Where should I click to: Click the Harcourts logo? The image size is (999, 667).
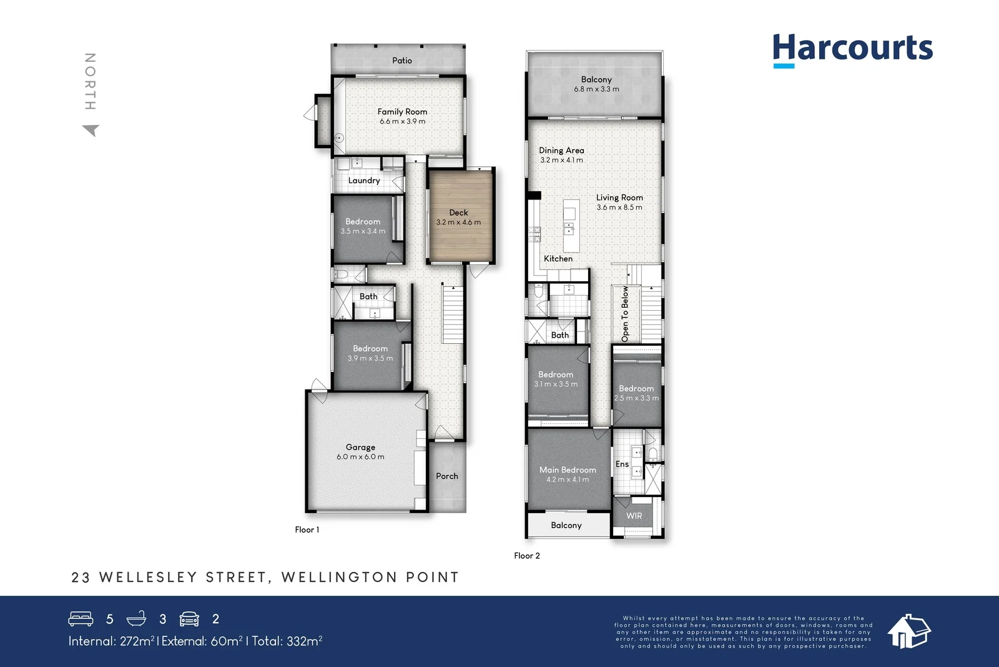(x=852, y=49)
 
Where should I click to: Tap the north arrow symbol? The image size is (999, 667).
(x=91, y=130)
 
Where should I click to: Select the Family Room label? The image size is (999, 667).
(x=402, y=111)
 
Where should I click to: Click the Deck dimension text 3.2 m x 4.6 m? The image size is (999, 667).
(x=458, y=223)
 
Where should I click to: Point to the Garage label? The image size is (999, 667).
(x=360, y=447)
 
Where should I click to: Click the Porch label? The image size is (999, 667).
(x=447, y=476)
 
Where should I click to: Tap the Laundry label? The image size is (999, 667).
(x=364, y=181)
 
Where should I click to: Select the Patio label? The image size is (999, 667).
(x=402, y=61)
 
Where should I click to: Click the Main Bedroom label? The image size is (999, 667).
(x=568, y=470)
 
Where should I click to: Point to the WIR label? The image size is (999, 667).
(x=634, y=516)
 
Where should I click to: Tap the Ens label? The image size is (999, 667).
(x=622, y=464)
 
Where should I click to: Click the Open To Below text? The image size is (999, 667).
(x=625, y=314)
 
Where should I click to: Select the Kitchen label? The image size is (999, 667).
(x=558, y=259)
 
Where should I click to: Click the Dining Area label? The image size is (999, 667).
(x=561, y=151)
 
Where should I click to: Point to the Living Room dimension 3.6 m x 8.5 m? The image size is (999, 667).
(x=619, y=208)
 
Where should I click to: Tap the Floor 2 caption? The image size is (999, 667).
(x=527, y=556)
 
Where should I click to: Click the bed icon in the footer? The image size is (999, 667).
(x=81, y=619)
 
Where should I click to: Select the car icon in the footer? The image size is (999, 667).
(x=189, y=619)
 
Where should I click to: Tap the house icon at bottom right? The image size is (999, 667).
(x=908, y=631)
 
